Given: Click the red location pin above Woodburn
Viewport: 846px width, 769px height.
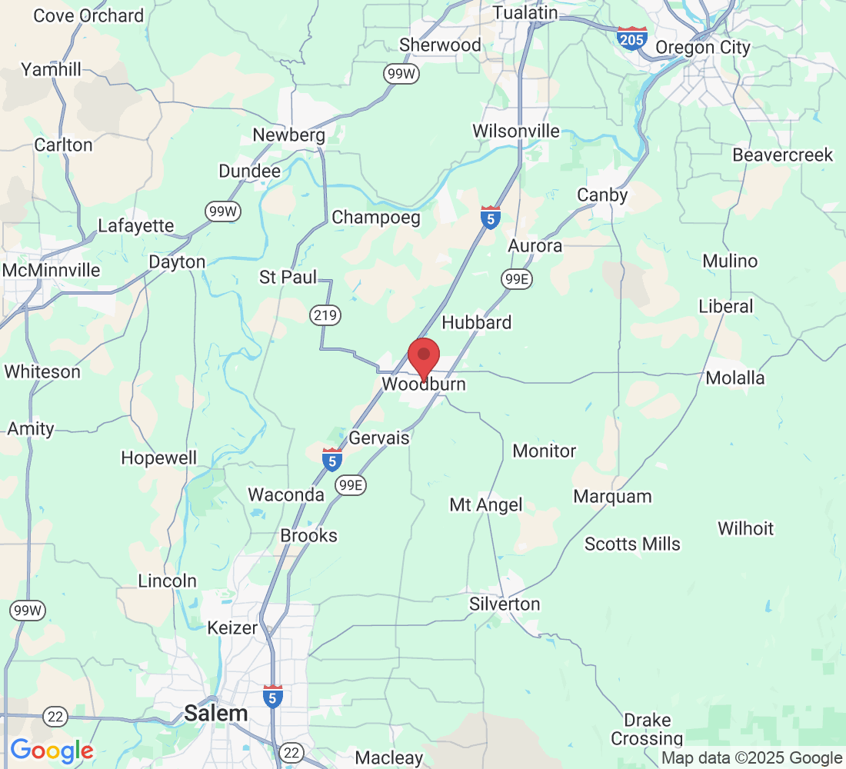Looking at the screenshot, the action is (x=423, y=356).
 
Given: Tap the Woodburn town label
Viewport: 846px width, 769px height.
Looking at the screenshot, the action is (x=424, y=384).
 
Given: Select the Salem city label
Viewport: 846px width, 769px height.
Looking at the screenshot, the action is (x=216, y=714).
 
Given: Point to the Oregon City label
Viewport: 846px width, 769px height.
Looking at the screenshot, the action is (x=702, y=48).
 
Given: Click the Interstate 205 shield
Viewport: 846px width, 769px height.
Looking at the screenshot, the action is (x=631, y=38).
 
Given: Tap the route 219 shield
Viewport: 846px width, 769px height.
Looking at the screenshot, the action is (x=325, y=315).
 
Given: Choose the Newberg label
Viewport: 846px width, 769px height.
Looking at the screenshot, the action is (x=289, y=135).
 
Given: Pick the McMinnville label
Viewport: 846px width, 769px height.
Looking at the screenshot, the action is (x=52, y=271).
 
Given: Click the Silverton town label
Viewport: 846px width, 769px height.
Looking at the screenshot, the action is (x=505, y=604).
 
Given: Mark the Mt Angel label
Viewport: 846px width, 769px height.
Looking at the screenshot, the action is (x=486, y=505).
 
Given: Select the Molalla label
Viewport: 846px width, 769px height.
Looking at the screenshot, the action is (x=735, y=378).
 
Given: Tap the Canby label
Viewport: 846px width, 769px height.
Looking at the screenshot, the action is (x=602, y=195).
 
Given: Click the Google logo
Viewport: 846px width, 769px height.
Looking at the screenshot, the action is (x=52, y=751).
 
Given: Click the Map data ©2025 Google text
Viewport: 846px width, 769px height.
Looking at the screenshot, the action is (x=751, y=758).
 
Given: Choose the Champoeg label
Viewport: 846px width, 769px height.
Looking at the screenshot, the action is (x=376, y=218).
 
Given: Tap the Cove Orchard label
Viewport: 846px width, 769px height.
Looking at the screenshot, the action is (x=88, y=15).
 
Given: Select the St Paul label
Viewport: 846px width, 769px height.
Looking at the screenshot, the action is (x=288, y=277).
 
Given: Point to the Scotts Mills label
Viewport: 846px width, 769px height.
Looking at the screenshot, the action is (x=632, y=544).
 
